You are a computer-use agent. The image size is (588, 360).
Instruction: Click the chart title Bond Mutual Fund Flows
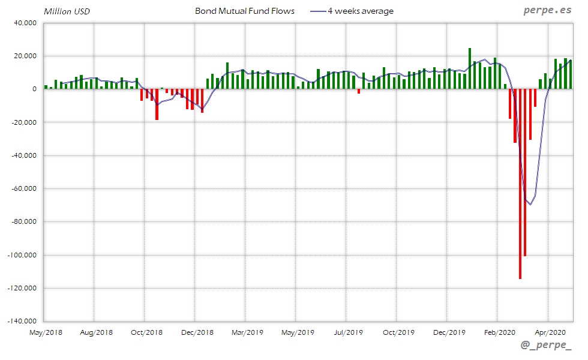(245, 11)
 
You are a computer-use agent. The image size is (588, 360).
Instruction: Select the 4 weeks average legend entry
(360, 11)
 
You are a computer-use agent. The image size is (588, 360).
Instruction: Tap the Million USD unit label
(67, 11)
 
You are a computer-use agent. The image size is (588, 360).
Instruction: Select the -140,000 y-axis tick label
(22, 322)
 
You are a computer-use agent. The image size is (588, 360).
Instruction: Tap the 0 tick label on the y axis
(34, 89)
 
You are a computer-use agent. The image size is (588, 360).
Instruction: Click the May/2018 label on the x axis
(46, 332)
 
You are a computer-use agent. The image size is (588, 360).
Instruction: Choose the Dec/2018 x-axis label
(197, 332)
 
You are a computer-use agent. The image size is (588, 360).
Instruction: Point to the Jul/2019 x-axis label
(348, 332)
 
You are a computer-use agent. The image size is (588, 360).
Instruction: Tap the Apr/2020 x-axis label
(549, 332)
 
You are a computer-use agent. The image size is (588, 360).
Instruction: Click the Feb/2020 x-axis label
(499, 332)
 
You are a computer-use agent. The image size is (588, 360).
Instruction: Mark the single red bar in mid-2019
(359, 91)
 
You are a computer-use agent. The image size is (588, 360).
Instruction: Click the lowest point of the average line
(530, 205)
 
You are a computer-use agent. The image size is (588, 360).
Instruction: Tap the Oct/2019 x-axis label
(398, 332)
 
